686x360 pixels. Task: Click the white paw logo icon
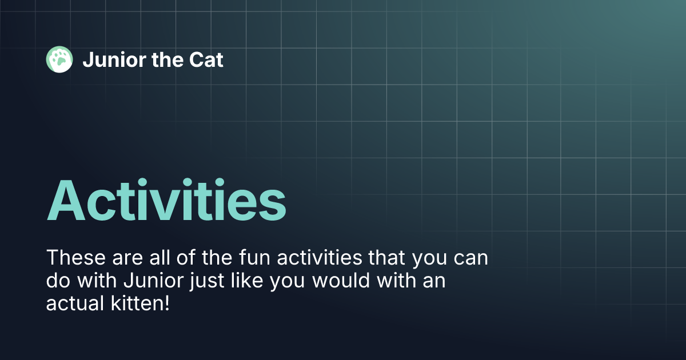59,59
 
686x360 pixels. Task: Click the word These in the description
74,258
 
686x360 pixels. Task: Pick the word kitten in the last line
138,303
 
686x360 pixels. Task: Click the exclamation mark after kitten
167,303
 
